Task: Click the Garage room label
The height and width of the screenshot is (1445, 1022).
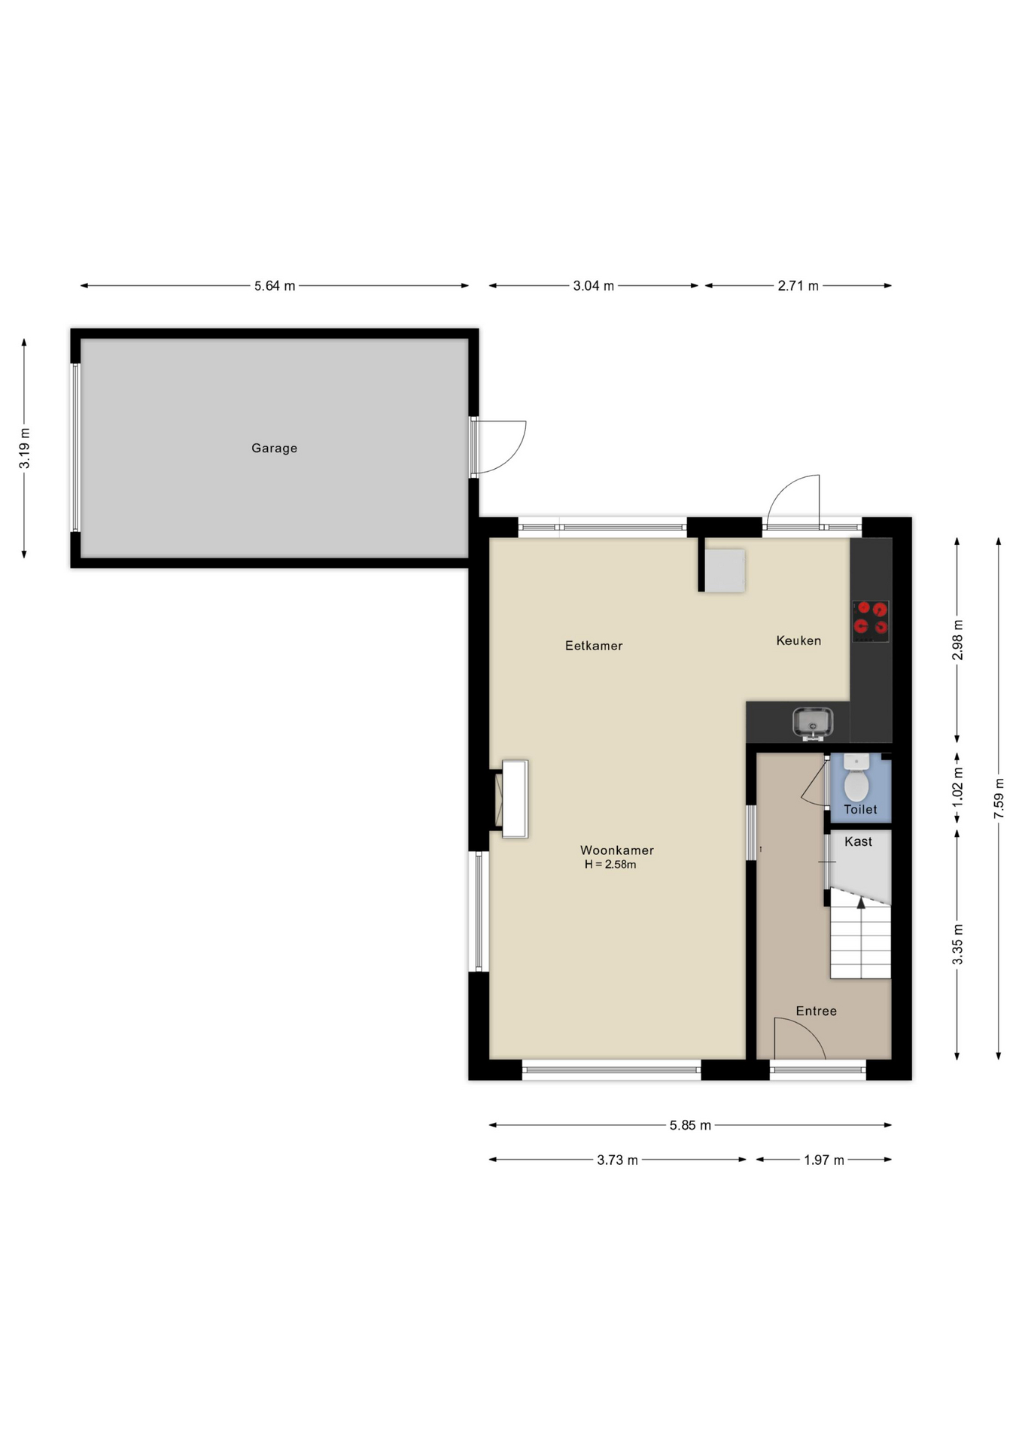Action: tap(274, 449)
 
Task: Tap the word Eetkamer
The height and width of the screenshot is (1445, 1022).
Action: tap(594, 646)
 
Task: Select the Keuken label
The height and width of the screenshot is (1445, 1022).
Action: tap(798, 640)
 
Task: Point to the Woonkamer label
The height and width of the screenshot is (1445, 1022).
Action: tap(616, 850)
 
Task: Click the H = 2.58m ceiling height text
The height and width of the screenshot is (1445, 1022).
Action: tap(610, 865)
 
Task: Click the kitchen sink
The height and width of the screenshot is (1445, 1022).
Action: tap(813, 722)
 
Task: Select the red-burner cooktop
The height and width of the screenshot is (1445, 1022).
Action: tap(871, 621)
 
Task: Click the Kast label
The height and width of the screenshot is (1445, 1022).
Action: tap(858, 841)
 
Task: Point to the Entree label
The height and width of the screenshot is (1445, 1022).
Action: tap(816, 1011)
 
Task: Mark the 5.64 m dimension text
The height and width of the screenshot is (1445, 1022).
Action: tap(275, 286)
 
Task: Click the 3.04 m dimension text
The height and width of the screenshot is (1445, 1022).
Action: tap(594, 286)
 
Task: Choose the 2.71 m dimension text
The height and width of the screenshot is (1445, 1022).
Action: tap(798, 286)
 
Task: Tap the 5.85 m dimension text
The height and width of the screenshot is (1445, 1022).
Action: tap(690, 1125)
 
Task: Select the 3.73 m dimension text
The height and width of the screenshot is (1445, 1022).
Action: tap(617, 1160)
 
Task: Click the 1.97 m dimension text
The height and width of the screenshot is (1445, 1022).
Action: tap(824, 1160)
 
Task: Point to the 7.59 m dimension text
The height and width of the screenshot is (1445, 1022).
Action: tap(999, 799)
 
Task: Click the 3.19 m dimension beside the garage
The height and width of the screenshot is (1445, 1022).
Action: tap(25, 449)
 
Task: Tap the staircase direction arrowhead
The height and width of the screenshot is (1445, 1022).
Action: tap(861, 902)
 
